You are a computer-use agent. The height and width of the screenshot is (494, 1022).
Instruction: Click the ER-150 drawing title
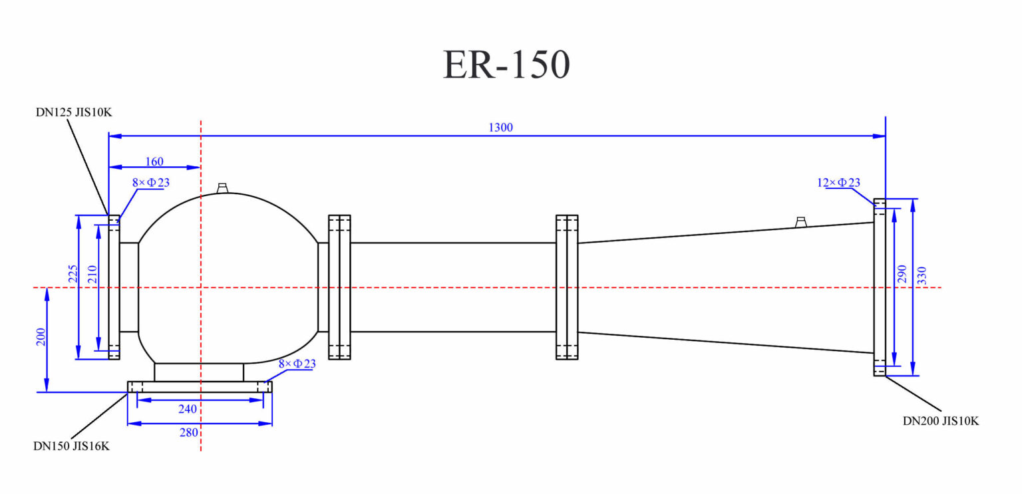[506, 65]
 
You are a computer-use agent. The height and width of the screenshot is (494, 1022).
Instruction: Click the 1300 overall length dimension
[500, 128]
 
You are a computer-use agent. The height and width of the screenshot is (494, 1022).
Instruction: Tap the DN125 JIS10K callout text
[73, 112]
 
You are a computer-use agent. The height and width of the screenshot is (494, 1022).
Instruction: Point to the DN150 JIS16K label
[71, 446]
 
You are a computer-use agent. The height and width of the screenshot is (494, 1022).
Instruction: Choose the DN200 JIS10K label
[940, 421]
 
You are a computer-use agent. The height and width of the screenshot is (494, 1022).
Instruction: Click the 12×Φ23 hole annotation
[838, 182]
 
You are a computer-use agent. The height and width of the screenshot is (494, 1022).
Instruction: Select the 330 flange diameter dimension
[922, 275]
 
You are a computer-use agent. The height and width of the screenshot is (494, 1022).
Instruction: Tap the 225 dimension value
[73, 274]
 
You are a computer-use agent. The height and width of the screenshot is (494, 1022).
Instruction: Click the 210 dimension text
[92, 274]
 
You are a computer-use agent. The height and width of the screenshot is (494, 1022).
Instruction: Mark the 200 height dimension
[41, 338]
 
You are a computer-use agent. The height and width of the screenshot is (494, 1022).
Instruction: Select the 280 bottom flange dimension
[189, 433]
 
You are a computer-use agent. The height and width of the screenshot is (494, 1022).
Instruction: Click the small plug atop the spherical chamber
[223, 188]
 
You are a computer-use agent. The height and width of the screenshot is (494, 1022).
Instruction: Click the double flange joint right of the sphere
[339, 287]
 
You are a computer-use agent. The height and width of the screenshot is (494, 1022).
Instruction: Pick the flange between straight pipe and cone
[566, 287]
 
